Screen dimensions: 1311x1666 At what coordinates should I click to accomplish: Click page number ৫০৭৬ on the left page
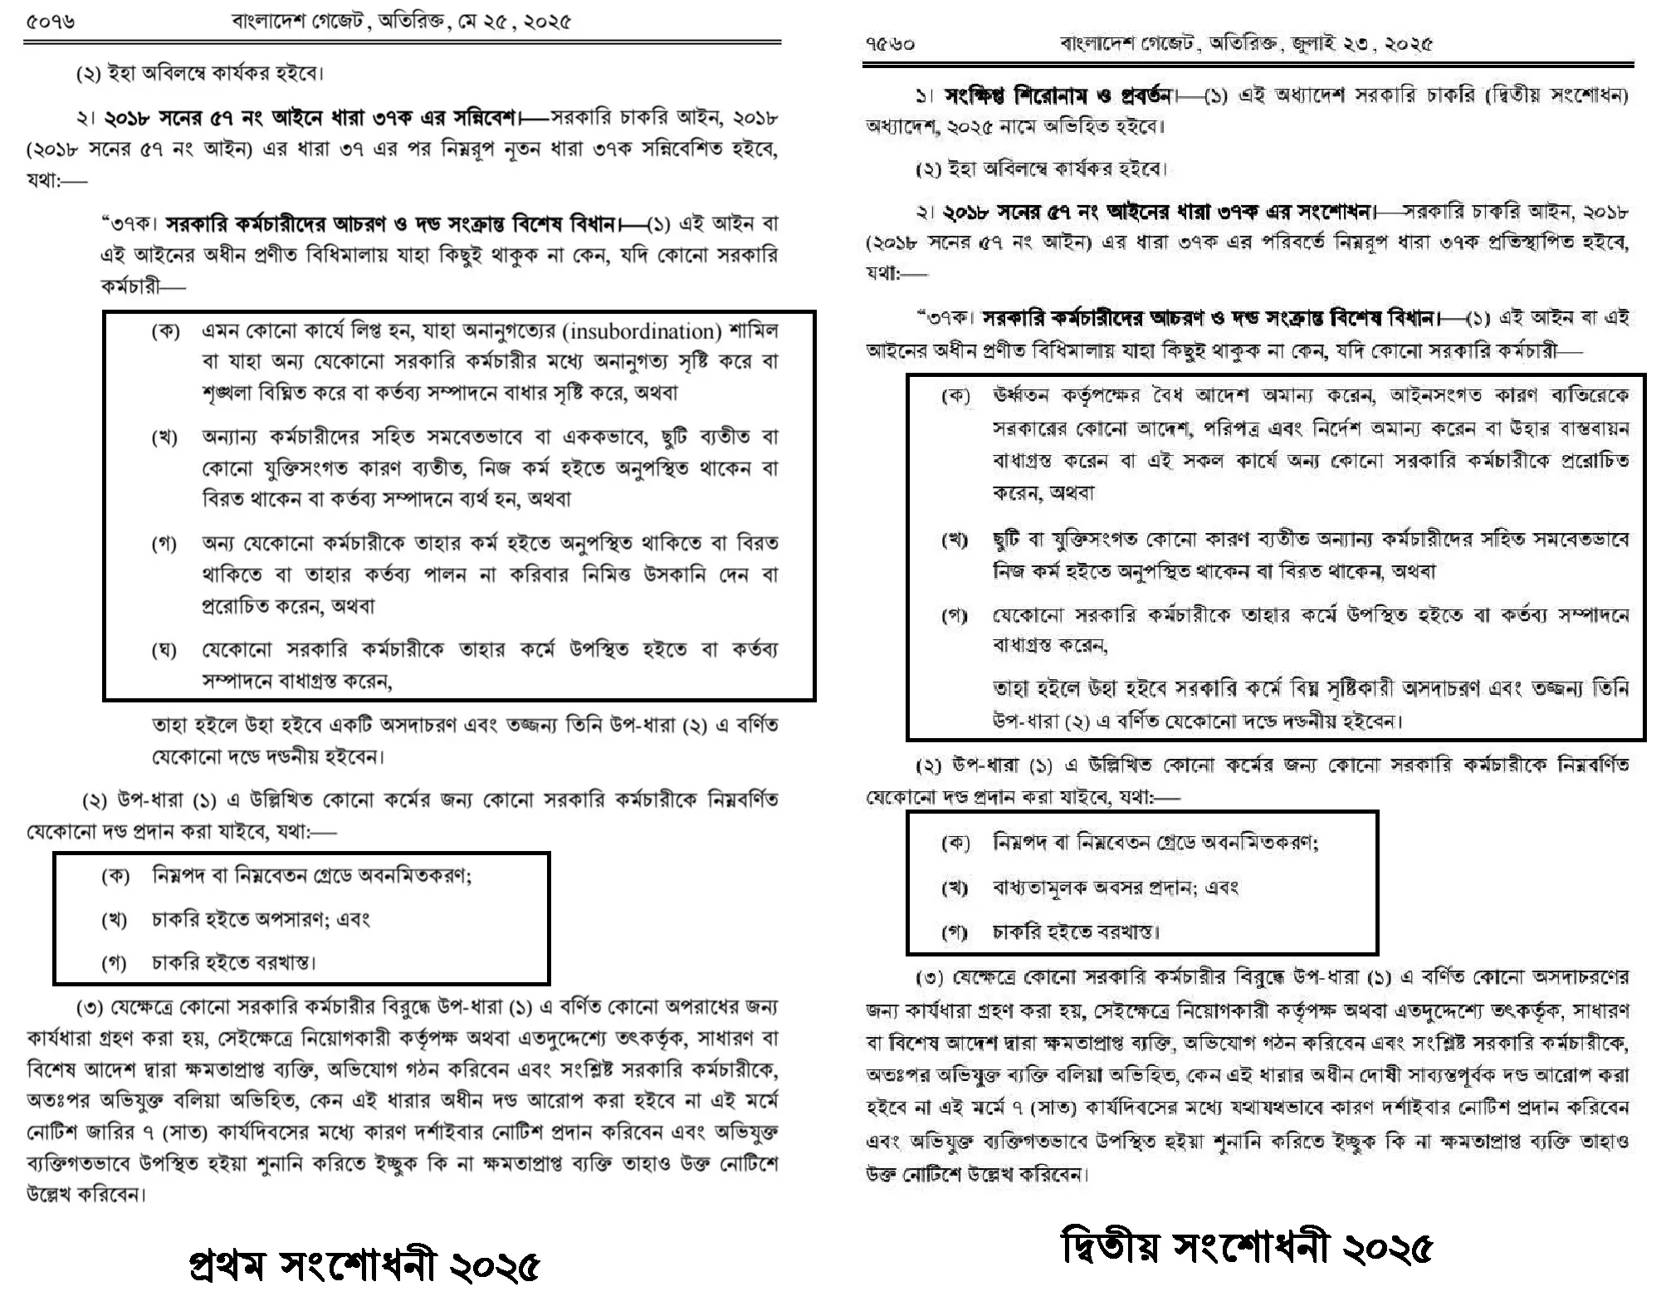(50, 22)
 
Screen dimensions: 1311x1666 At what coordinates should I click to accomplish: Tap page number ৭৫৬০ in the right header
(890, 44)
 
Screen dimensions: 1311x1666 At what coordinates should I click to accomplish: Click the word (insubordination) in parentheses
(642, 331)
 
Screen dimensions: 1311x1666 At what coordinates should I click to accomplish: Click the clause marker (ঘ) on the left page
(164, 649)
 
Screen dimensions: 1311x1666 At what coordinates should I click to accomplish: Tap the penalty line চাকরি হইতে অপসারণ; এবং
(260, 919)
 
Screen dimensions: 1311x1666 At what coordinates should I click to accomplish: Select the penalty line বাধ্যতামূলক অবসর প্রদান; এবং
(1115, 888)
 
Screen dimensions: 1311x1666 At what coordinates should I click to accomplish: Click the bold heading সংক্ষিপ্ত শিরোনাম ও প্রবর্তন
(1058, 95)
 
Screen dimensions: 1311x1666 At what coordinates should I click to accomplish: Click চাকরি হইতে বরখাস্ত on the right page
(1075, 932)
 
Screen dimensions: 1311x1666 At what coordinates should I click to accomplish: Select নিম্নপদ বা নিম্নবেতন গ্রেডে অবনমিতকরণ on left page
(311, 875)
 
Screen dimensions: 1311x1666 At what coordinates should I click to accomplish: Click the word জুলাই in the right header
(1314, 44)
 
